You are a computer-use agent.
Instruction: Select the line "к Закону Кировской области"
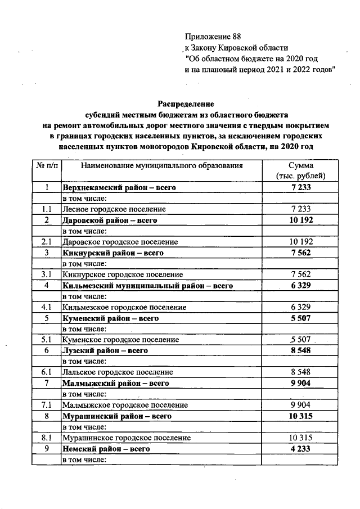pos(236,48)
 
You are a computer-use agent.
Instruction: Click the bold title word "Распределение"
pos(186,104)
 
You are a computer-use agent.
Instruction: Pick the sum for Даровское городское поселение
pos(301,241)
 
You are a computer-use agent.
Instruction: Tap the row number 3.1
pos(46,274)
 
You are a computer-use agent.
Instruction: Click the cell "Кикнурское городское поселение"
pos(123,274)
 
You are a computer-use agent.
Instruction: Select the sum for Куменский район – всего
pos(301,318)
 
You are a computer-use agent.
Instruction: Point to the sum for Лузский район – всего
pos(301,350)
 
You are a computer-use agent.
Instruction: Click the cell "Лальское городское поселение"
pos(118,372)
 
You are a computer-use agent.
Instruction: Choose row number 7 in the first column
pos(46,383)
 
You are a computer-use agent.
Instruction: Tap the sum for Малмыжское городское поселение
pos(301,404)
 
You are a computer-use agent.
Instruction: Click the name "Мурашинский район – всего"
pos(116,416)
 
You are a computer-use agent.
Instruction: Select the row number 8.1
pos(46,437)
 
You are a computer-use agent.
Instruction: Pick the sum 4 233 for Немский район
pos(301,448)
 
